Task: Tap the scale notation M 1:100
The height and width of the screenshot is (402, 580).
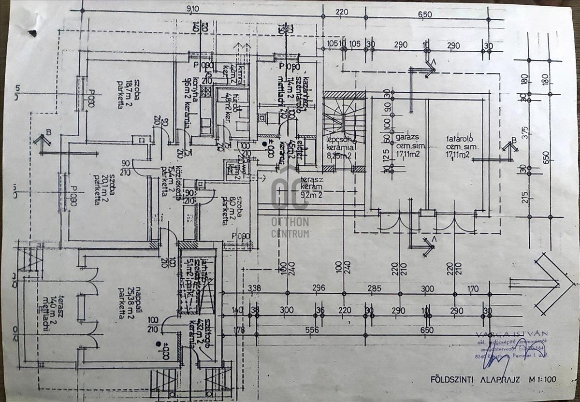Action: tap(541, 379)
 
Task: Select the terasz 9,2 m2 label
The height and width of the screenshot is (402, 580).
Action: tap(312, 188)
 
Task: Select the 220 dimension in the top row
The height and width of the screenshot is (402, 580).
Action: tap(342, 13)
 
